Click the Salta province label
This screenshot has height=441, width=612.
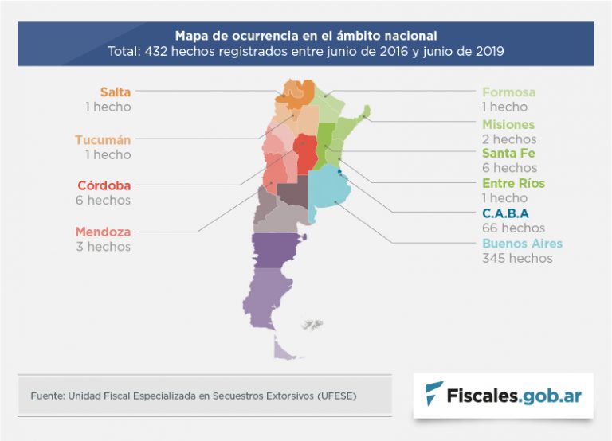tap(115, 92)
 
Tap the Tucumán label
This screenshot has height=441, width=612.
tap(103, 139)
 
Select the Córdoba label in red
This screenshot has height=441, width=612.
tap(104, 185)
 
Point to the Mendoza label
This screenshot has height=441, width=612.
tap(103, 232)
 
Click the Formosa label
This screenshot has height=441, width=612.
tap(508, 92)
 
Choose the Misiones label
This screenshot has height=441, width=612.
tap(508, 124)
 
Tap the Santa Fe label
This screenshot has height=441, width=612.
tap(508, 153)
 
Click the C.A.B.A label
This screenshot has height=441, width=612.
tap(505, 213)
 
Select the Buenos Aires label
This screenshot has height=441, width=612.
tap(522, 243)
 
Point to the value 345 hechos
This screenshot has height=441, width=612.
tap(516, 258)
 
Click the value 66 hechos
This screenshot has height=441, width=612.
tap(510, 228)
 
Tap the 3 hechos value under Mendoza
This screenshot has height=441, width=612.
tap(103, 247)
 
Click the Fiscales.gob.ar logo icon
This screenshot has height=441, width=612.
tap(434, 394)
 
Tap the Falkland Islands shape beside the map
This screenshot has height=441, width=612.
tap(312, 324)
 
